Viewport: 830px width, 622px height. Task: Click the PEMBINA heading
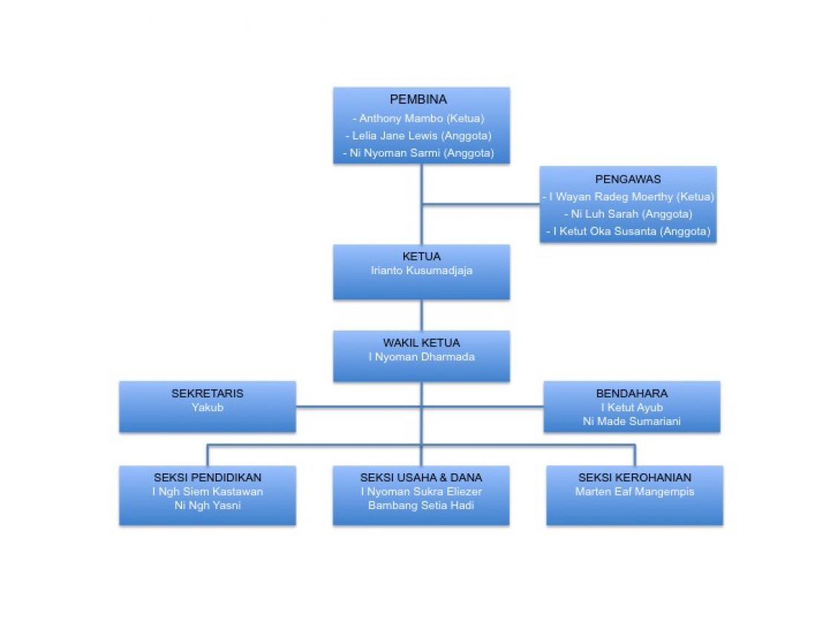[421, 100]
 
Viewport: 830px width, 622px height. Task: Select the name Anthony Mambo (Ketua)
[421, 117]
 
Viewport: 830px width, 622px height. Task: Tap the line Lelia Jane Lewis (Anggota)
[421, 135]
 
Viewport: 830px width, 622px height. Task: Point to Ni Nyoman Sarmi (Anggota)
[421, 153]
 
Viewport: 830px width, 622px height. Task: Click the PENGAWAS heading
[628, 178]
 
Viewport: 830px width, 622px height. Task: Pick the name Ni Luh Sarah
[628, 214]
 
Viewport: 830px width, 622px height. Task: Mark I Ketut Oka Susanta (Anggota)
[628, 231]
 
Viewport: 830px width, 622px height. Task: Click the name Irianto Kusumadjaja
[421, 270]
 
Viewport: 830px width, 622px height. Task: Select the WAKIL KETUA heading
[421, 343]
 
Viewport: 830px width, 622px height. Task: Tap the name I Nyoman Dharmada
[421, 357]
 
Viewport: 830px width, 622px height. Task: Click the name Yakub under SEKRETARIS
[207, 407]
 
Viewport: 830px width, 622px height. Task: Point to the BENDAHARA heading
[632, 393]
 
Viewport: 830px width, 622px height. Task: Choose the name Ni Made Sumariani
[632, 421]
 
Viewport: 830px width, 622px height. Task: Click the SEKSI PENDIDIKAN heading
[207, 477]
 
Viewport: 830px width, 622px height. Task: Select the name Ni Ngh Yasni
[207, 506]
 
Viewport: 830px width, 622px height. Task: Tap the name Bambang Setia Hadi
[421, 506]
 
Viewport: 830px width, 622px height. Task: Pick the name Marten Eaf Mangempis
[635, 491]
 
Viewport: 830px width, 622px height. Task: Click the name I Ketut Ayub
[632, 407]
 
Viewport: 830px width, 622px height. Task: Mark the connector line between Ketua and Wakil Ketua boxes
[421, 315]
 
